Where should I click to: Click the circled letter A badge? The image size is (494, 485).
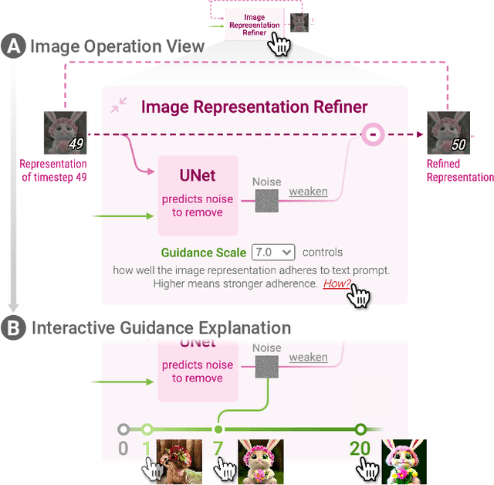tap(13, 46)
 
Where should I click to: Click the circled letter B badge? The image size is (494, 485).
tap(13, 328)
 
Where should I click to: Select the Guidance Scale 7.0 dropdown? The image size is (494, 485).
tap(273, 252)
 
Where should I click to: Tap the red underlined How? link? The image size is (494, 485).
tap(337, 283)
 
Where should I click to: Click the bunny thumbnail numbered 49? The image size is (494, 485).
tap(65, 133)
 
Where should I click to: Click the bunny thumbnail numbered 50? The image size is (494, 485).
tap(448, 133)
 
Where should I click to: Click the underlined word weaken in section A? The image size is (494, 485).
tap(308, 192)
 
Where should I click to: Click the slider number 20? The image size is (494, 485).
tap(360, 449)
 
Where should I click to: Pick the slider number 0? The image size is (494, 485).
tap(123, 449)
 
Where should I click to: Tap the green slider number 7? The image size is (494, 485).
tap(218, 449)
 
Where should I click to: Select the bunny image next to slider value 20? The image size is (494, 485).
tap(404, 461)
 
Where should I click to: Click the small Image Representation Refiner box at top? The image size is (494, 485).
tap(254, 25)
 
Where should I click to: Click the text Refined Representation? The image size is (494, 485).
tap(459, 170)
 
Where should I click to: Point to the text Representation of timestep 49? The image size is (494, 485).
tap(53, 170)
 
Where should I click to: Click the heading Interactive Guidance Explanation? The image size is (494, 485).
tap(161, 328)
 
